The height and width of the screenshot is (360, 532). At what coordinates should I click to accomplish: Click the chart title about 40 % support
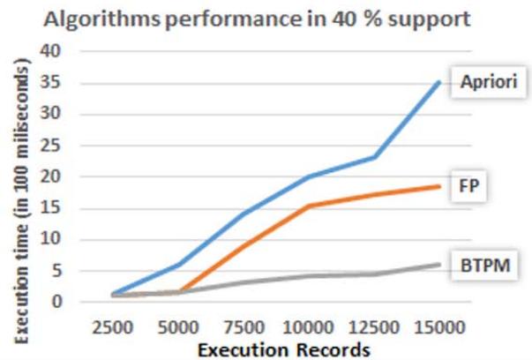coord(265,19)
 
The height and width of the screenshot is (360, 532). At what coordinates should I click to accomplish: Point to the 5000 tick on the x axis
coord(180,326)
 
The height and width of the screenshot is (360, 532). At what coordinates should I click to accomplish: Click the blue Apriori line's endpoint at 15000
coord(440,82)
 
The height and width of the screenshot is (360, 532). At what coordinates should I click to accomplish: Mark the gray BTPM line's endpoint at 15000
coord(440,264)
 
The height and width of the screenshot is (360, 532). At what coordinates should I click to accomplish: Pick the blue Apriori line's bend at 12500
coord(376,157)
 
